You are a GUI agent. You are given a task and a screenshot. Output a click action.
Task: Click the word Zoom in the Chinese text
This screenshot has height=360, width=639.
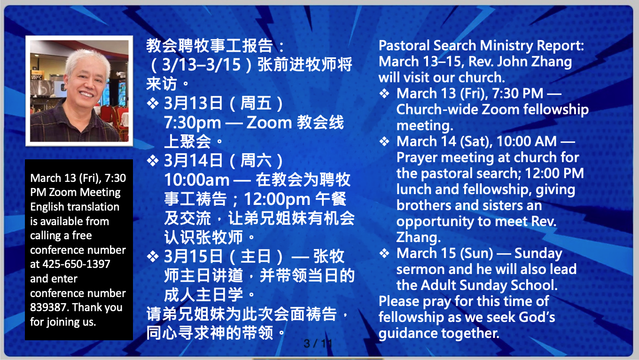coord(269,123)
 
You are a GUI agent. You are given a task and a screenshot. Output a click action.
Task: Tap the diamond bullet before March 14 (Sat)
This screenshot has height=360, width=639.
coord(384,141)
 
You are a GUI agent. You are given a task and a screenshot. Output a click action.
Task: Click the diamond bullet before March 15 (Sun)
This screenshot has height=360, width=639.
coord(384,253)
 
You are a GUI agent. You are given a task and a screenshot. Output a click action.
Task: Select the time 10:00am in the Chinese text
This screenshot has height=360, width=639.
coord(196,180)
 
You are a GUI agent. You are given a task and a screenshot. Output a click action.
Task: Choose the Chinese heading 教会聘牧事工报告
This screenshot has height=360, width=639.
coord(210,46)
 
